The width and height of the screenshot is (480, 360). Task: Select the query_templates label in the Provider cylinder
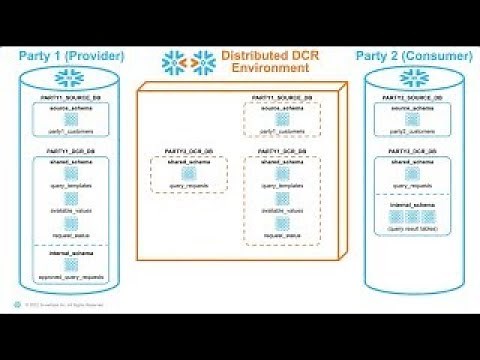[65, 187]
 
